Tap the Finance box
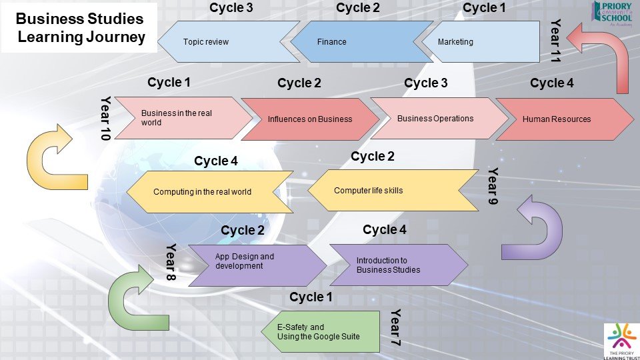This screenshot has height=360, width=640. (360, 42)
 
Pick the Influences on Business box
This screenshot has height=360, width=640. (309, 119)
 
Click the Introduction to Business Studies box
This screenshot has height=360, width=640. (397, 265)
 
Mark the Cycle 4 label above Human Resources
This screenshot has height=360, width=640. (551, 83)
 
